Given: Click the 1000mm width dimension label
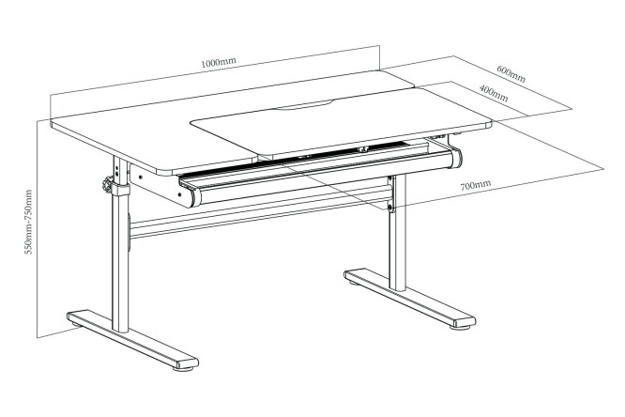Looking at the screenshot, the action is [219, 62].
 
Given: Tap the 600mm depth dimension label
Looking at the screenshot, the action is [511, 74].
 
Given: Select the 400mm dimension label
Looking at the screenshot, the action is [494, 93].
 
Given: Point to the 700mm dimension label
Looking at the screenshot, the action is [476, 185].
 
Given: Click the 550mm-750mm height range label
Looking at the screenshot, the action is [29, 222].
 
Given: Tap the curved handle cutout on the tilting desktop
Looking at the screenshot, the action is [305, 106].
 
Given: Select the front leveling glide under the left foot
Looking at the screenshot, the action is [183, 368].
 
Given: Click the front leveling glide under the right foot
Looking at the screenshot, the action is [461, 328].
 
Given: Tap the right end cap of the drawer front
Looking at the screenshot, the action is [456, 159].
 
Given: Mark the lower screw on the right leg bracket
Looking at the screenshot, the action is [389, 207].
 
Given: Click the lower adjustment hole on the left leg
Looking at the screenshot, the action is [116, 173].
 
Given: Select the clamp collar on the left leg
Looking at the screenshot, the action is [120, 189].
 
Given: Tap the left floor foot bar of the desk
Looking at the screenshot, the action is [132, 339].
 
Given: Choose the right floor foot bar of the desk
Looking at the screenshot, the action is [410, 298].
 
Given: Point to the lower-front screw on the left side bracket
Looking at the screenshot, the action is [180, 194].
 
